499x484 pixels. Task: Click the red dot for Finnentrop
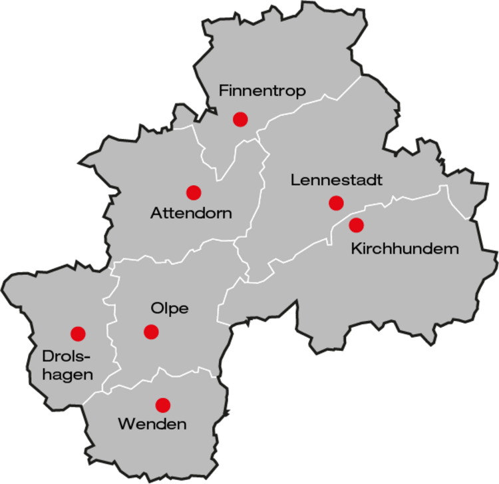(x=240, y=119)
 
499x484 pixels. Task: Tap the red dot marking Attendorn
(x=194, y=192)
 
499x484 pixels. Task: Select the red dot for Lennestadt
(x=336, y=203)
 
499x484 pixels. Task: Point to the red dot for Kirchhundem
(x=357, y=225)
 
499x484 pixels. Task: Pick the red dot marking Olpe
(x=151, y=332)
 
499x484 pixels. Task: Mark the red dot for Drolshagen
(x=78, y=334)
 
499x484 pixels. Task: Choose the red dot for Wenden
(x=162, y=405)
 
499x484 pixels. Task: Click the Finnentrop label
(x=262, y=92)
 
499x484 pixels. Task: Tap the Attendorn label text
(x=191, y=214)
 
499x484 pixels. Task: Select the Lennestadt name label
(x=337, y=180)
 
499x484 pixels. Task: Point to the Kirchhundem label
(x=405, y=249)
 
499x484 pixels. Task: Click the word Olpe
(x=170, y=308)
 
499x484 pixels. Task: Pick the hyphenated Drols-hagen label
(x=67, y=365)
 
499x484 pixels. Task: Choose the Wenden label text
(x=152, y=424)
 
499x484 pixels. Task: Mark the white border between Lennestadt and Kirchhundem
(x=399, y=198)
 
